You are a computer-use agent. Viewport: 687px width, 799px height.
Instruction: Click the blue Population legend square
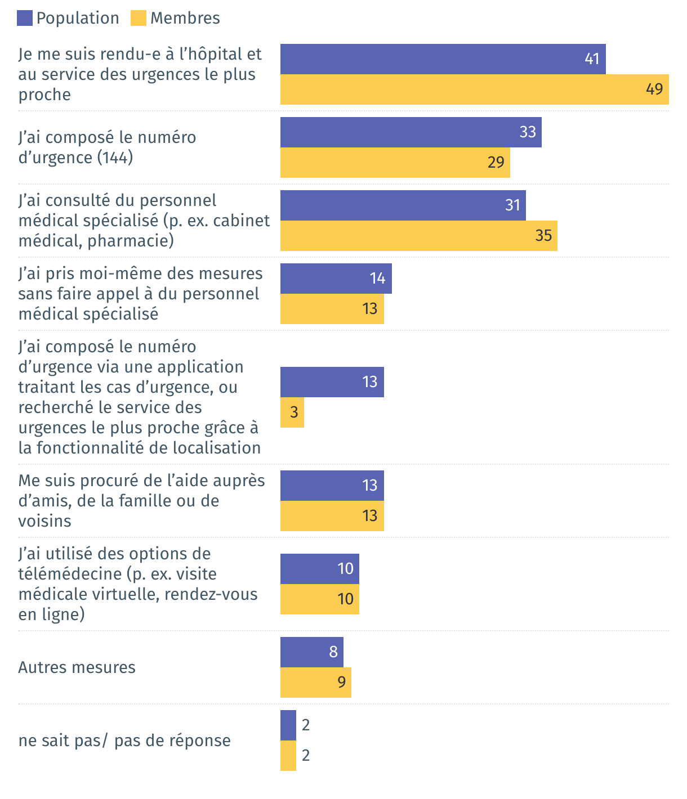[x=25, y=19]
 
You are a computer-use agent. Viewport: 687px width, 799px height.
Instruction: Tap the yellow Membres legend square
[x=139, y=19]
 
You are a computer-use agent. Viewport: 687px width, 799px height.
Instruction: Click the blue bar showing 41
[x=443, y=59]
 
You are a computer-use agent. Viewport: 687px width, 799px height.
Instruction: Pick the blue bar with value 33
[x=411, y=132]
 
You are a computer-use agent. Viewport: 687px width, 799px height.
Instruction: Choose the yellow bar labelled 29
[x=395, y=163]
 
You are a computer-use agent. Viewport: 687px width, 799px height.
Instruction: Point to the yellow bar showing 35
[x=418, y=236]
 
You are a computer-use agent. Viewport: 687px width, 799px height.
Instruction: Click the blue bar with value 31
[x=403, y=205]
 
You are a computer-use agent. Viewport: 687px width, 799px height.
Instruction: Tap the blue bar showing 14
[x=336, y=279]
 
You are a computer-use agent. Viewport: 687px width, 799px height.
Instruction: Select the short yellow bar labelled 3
[x=292, y=412]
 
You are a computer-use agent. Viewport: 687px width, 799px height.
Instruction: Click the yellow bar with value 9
[x=315, y=683]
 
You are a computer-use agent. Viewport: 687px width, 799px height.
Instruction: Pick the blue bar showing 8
[x=311, y=652]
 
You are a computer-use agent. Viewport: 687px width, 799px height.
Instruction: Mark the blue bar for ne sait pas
[x=288, y=725]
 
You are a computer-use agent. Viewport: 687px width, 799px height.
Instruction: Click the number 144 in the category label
[x=115, y=158]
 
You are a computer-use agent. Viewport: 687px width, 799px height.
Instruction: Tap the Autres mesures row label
[x=77, y=667]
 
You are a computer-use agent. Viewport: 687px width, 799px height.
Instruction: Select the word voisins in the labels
[x=44, y=521]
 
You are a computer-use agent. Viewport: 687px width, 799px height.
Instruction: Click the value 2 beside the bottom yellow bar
[x=306, y=755]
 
